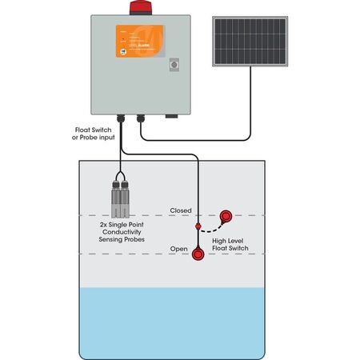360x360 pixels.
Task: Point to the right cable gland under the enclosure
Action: [x=141, y=118]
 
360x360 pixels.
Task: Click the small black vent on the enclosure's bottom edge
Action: [x=170, y=116]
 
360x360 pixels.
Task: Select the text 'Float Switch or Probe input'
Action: [x=94, y=133]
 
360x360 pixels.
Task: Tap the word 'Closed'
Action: [x=180, y=211]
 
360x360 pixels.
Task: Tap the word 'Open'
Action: [x=178, y=249]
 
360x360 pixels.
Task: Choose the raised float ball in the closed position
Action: [x=226, y=215]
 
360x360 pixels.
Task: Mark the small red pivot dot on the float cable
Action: [x=198, y=227]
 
